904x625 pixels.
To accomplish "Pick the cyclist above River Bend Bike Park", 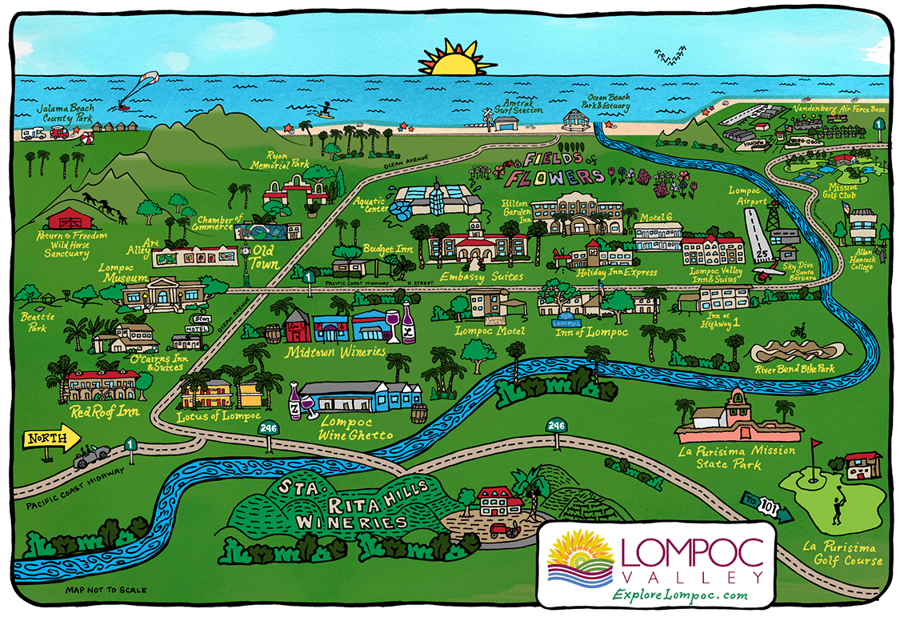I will pyautogui.click(x=797, y=331).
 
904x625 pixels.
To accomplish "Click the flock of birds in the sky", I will pyautogui.click(x=670, y=56).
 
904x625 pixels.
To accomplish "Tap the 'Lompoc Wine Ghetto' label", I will pyautogui.click(x=355, y=427).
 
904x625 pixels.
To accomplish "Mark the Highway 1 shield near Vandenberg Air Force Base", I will pyautogui.click(x=879, y=125).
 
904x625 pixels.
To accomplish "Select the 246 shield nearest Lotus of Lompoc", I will pyautogui.click(x=268, y=430).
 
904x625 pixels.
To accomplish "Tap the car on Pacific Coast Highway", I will pyautogui.click(x=91, y=457).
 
